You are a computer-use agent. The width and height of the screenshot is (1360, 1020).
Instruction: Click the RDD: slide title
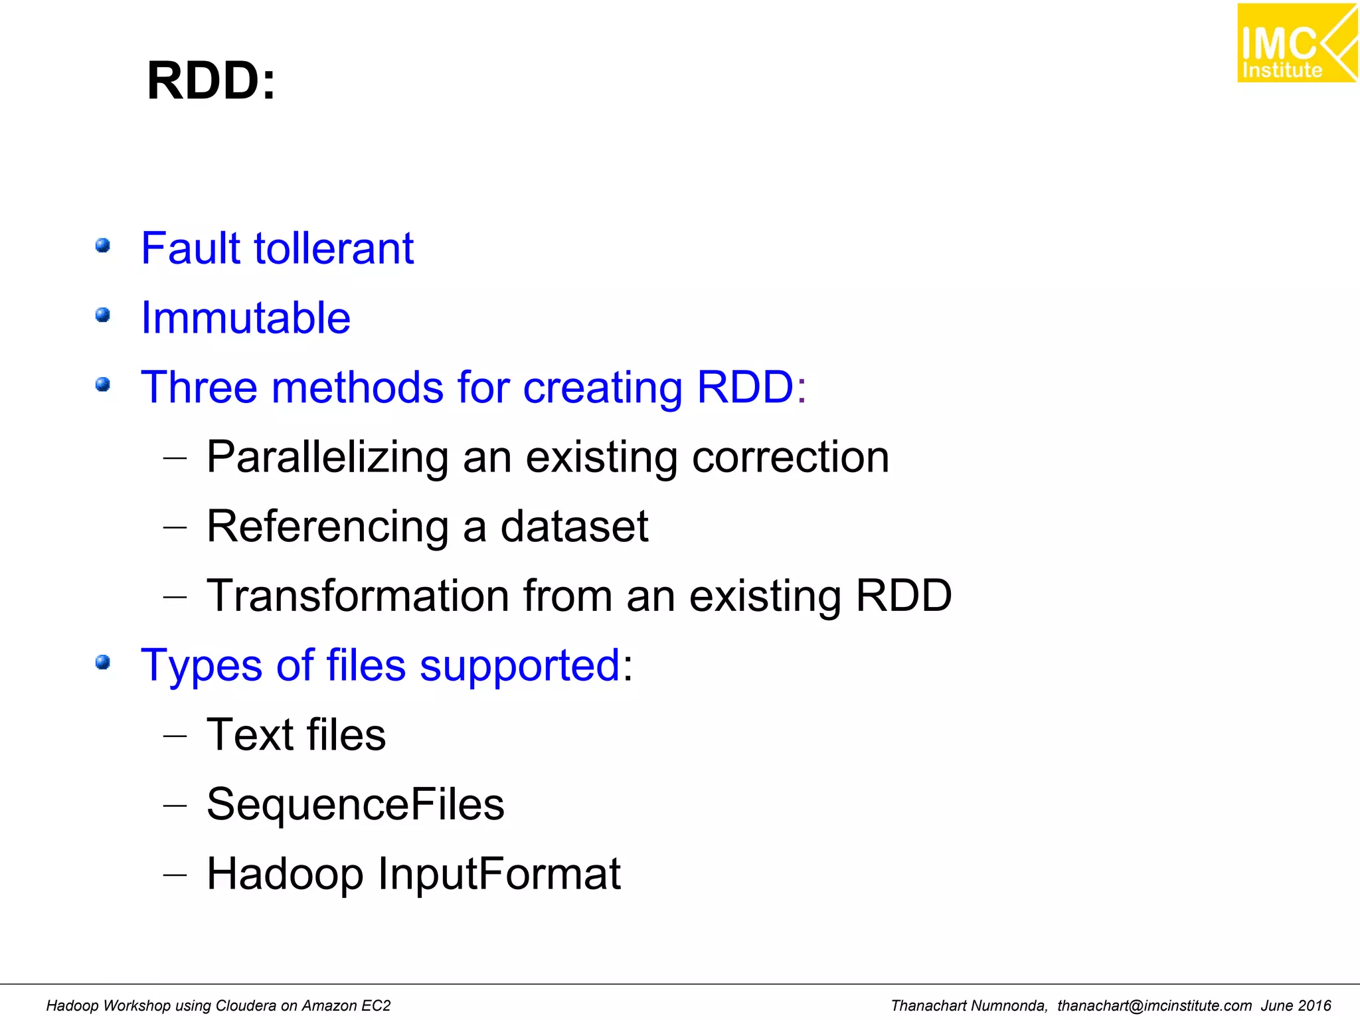click(211, 81)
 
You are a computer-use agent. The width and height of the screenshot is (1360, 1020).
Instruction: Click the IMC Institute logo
click(1296, 44)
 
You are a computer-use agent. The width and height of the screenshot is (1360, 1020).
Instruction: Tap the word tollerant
click(334, 248)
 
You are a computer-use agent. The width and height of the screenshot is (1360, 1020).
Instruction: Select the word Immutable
click(246, 318)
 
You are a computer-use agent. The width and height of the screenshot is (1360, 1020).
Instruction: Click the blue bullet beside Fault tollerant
click(102, 246)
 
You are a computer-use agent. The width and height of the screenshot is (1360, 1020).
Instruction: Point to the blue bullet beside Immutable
click(102, 315)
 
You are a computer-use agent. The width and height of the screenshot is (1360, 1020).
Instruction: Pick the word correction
click(790, 458)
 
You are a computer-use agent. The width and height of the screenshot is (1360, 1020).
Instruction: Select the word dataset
click(574, 527)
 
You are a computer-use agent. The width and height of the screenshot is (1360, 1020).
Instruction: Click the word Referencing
click(327, 527)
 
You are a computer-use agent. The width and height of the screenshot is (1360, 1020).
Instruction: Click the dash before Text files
click(175, 736)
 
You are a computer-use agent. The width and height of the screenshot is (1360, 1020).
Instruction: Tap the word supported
click(520, 665)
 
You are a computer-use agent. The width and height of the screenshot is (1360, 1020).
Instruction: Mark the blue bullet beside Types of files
click(102, 662)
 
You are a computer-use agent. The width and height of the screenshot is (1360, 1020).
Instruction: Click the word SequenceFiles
click(355, 804)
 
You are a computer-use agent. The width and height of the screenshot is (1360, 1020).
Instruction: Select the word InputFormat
click(499, 874)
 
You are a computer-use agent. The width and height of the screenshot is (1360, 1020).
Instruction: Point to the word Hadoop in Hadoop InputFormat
click(285, 874)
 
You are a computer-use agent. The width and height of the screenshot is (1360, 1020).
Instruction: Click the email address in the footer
click(1154, 1006)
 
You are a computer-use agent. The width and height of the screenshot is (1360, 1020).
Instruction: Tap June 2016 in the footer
click(1296, 1006)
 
